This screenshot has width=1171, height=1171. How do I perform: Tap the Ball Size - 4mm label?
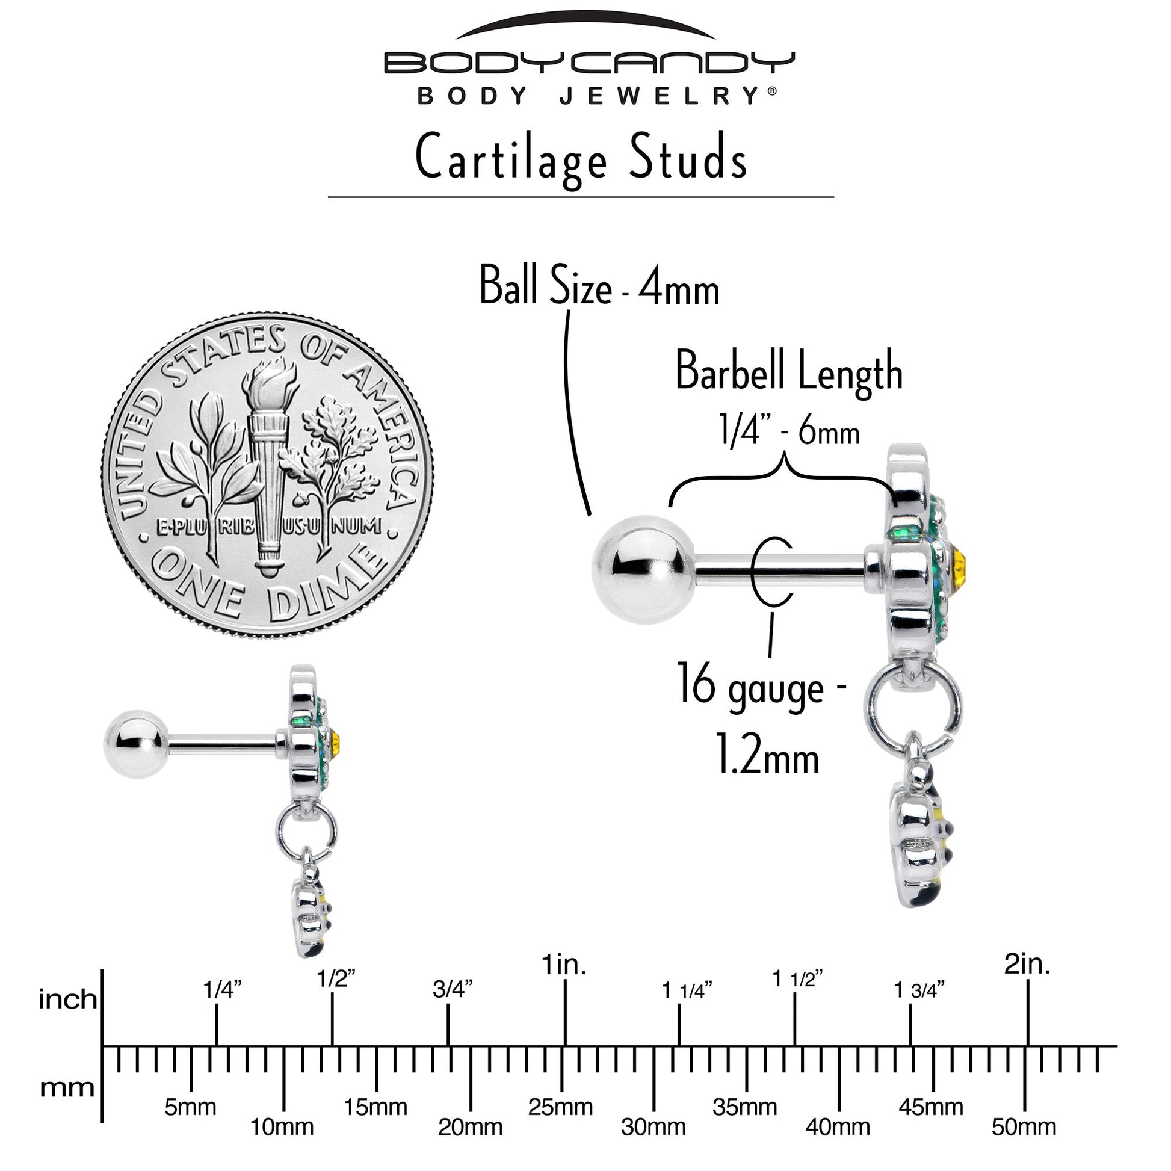599,286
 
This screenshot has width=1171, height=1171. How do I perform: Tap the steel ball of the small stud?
135,744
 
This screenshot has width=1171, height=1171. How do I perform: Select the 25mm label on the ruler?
561,1107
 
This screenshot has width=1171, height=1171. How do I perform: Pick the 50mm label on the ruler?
1024,1126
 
